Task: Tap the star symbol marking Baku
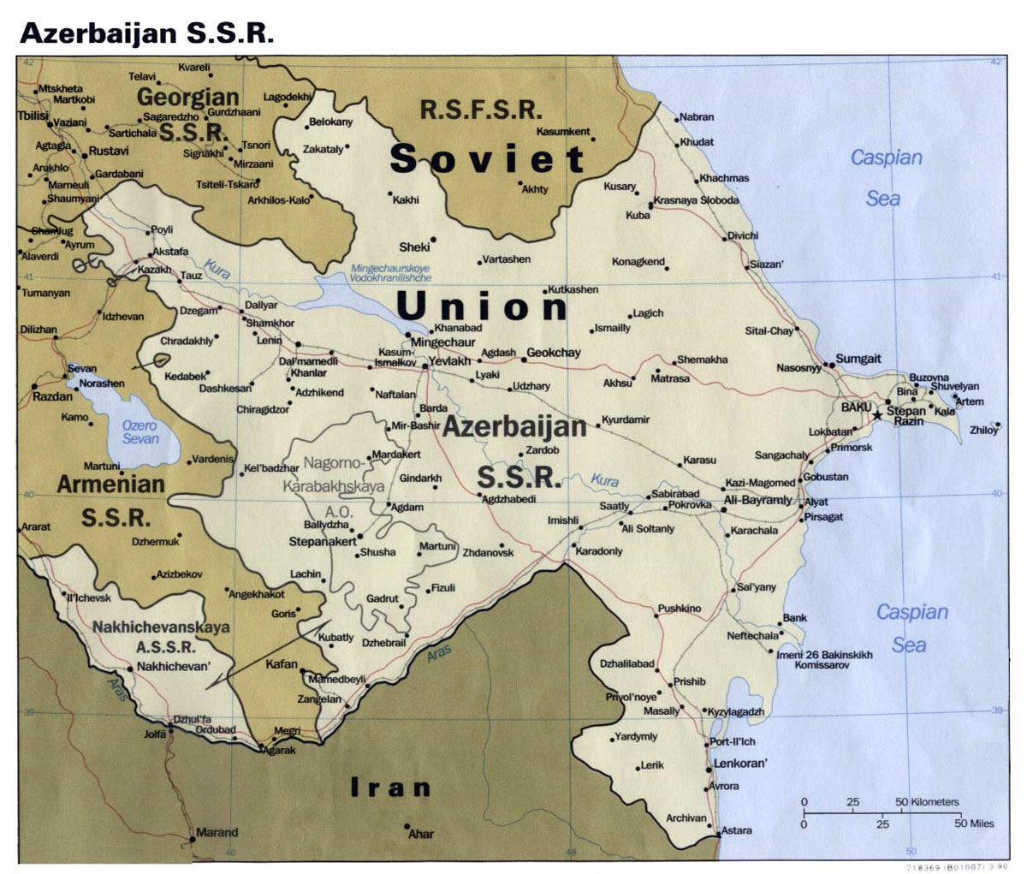point(877,415)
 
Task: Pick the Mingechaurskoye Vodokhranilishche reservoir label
point(389,273)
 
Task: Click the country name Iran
point(390,788)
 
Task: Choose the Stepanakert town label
point(321,541)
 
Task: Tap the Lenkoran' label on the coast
point(741,763)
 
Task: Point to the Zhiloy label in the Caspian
point(984,431)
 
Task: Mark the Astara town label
point(736,830)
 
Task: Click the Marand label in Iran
point(217,832)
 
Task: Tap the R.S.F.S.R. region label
point(481,110)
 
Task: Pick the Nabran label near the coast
point(697,116)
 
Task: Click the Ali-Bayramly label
point(758,499)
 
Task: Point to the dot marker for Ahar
point(407,827)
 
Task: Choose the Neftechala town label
point(753,636)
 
